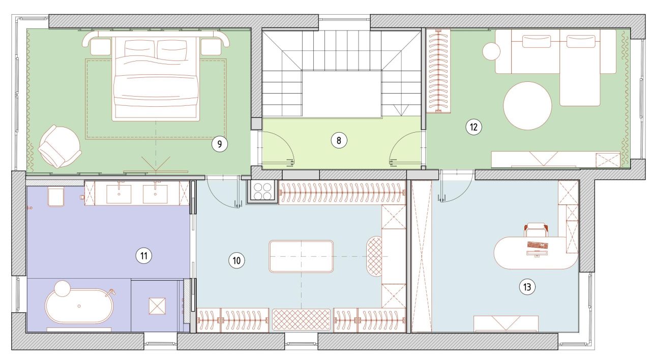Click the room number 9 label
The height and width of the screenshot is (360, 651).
coord(219,144)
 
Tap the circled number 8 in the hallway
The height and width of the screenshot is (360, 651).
coord(339,141)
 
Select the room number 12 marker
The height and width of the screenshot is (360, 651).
coord(474,127)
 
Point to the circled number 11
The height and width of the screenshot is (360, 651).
coord(144,256)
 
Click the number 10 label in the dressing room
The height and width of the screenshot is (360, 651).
coord(236,260)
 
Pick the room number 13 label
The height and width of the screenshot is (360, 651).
coord(527,287)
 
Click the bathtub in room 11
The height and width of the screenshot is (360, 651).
coord(79,306)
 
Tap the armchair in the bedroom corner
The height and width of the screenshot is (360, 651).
coord(60,146)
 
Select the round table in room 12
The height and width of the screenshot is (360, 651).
coord(527,106)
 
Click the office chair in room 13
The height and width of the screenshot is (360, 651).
coord(536,229)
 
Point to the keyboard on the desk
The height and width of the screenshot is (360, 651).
coord(538,245)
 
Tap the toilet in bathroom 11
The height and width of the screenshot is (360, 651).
coord(56,197)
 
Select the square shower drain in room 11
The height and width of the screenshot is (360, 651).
coord(157,306)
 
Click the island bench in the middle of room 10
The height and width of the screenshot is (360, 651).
coord(301,256)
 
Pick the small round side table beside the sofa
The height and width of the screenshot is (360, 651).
coord(491,51)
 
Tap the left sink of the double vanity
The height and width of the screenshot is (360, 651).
coord(119,194)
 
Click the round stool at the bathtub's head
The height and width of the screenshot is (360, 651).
coord(63,288)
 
